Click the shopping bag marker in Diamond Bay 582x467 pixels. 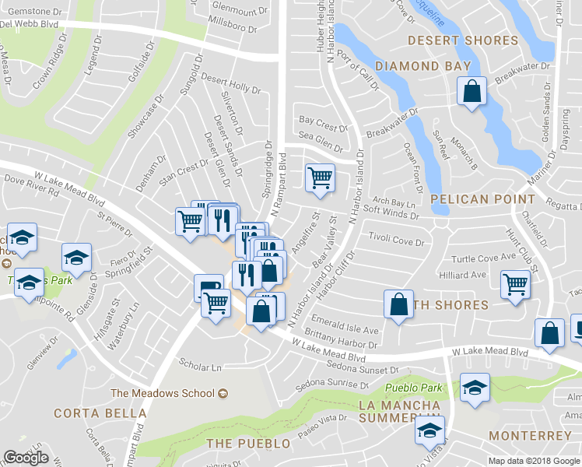point(472,91)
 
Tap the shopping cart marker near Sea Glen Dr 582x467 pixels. point(320,178)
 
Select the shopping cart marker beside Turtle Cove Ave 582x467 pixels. point(515,285)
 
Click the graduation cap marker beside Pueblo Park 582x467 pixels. point(472,388)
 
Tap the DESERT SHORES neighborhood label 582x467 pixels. point(474,40)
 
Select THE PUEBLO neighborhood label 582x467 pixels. point(248,443)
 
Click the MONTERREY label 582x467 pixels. point(531,435)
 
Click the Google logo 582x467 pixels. point(26,458)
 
